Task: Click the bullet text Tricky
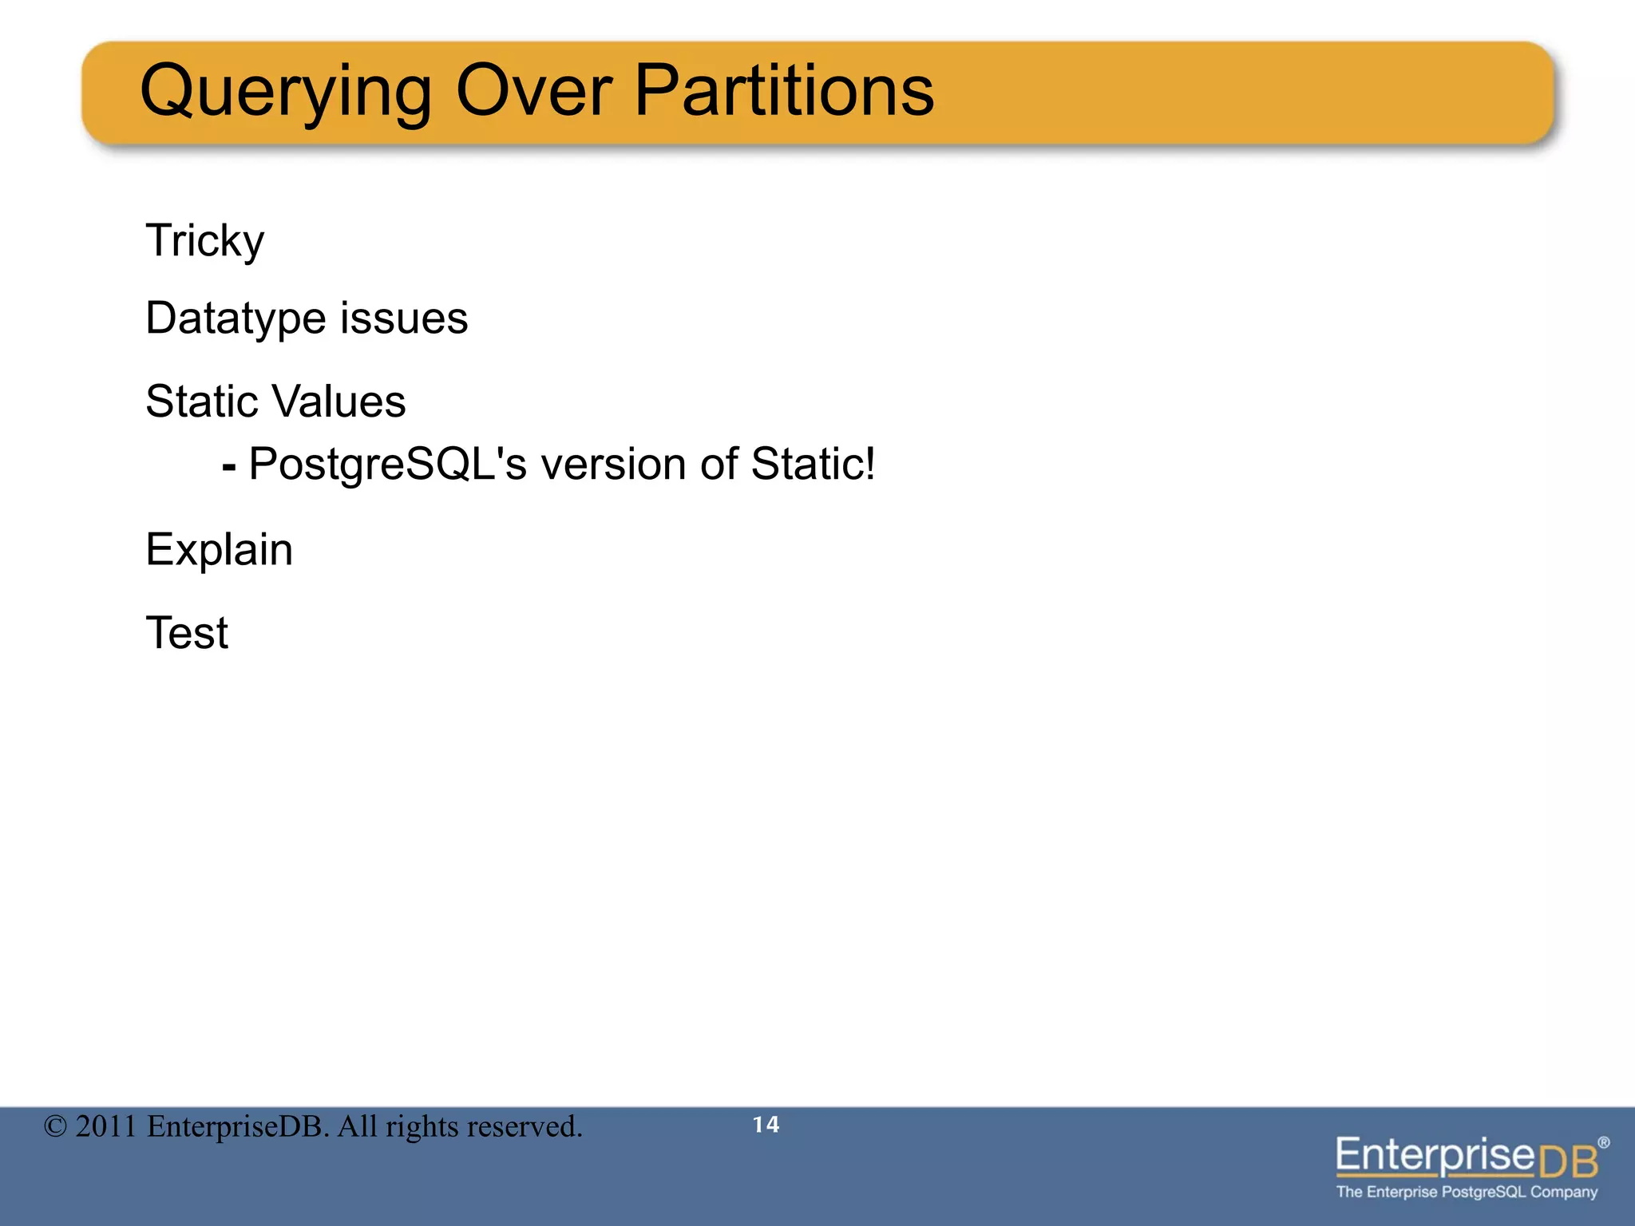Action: (x=204, y=240)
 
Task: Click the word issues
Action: (x=404, y=318)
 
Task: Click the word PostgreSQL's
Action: (x=388, y=465)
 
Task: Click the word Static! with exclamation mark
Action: (x=813, y=464)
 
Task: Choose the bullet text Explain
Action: (x=219, y=550)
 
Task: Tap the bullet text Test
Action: (x=187, y=633)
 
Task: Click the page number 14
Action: (x=766, y=1125)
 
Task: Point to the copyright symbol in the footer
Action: (x=55, y=1127)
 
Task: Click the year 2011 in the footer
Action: (x=105, y=1127)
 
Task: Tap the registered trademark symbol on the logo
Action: (x=1604, y=1142)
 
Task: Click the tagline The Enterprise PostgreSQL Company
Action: (x=1467, y=1192)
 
